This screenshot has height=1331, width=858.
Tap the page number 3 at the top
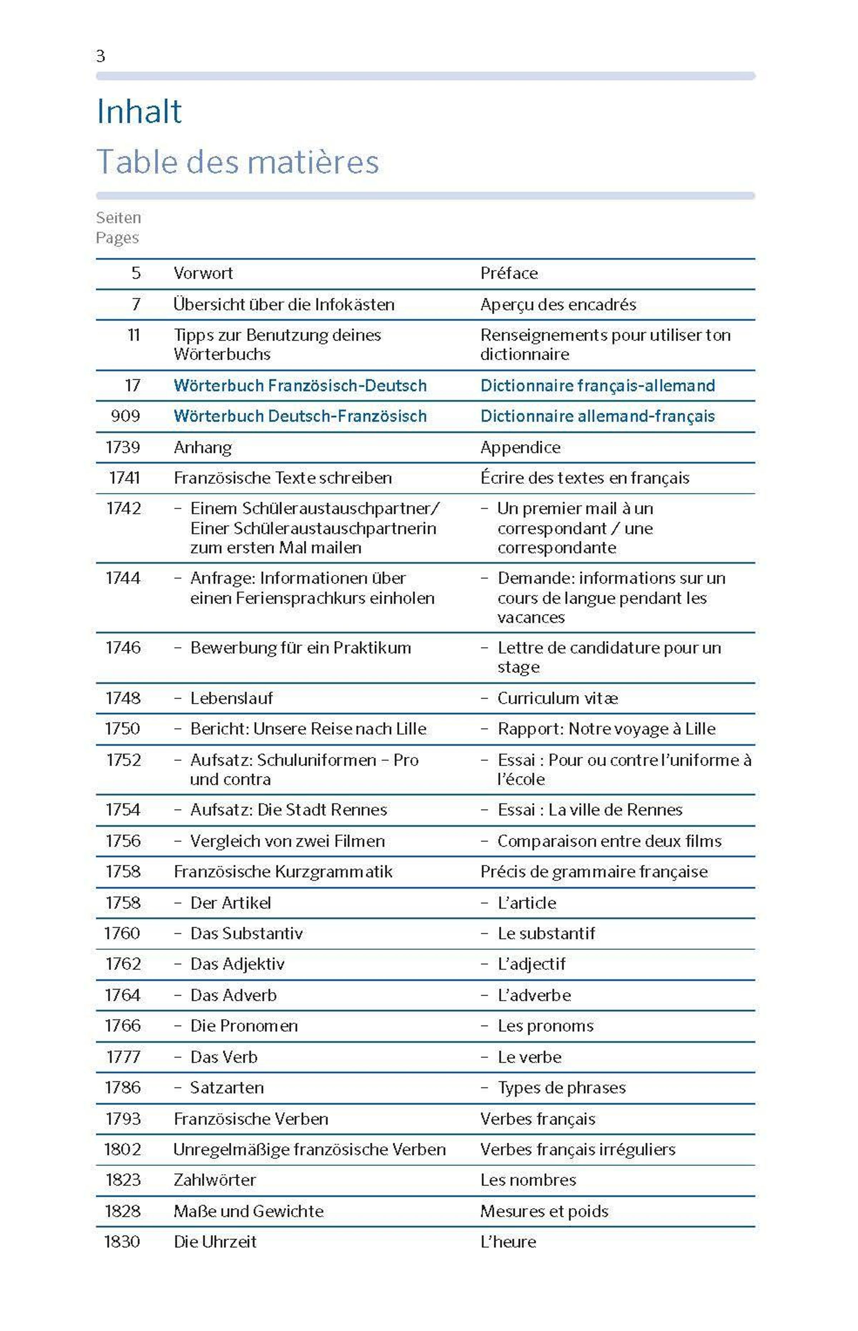pos(101,56)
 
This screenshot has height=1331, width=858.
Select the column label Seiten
pos(118,217)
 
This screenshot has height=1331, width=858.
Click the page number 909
pos(125,416)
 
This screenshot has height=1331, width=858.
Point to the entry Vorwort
pos(203,273)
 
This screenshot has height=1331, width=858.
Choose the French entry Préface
pos(509,273)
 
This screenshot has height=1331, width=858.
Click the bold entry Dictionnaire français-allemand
pos(597,385)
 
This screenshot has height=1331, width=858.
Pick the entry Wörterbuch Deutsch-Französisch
pos(300,416)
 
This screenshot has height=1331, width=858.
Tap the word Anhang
pos(203,447)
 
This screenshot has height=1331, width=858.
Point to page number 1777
pos(123,1056)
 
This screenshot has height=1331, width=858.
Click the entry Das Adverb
pos(233,995)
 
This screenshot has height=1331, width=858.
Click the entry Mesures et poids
pos(544,1211)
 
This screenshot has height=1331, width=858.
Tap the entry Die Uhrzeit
pos(215,1241)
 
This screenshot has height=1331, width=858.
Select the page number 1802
pos(123,1149)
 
